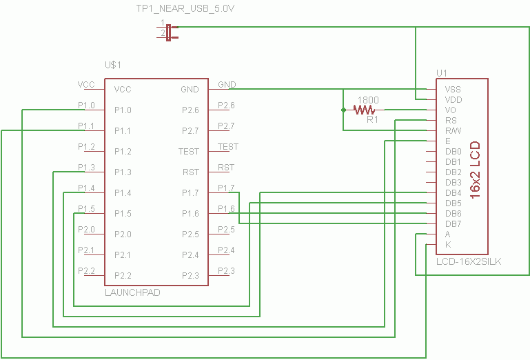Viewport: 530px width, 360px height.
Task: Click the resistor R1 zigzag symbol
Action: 364,110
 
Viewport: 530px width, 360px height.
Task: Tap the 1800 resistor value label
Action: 368,100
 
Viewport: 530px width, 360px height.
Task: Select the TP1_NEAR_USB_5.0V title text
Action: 185,8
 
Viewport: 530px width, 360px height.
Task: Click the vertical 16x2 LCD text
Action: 476,170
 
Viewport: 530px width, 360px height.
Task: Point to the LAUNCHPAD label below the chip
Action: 132,292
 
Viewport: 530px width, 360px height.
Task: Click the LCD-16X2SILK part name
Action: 469,261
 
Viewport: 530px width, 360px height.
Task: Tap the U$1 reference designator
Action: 113,65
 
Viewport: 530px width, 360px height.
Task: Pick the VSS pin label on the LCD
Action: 453,90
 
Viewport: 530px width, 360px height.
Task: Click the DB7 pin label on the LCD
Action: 453,223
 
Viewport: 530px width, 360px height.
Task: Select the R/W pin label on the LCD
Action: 453,130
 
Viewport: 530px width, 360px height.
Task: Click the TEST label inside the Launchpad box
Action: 189,151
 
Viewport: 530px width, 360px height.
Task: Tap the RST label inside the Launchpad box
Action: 191,172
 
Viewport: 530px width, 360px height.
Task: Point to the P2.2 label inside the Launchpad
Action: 123,276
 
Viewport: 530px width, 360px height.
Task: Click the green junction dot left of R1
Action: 343,110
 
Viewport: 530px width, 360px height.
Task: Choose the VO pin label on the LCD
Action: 451,110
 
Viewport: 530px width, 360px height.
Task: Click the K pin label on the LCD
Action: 448,245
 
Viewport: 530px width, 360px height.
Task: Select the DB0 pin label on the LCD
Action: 453,151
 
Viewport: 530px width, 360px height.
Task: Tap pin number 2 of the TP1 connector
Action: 163,33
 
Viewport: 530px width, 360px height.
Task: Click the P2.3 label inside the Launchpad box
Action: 190,276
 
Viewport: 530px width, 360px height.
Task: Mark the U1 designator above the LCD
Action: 442,73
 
